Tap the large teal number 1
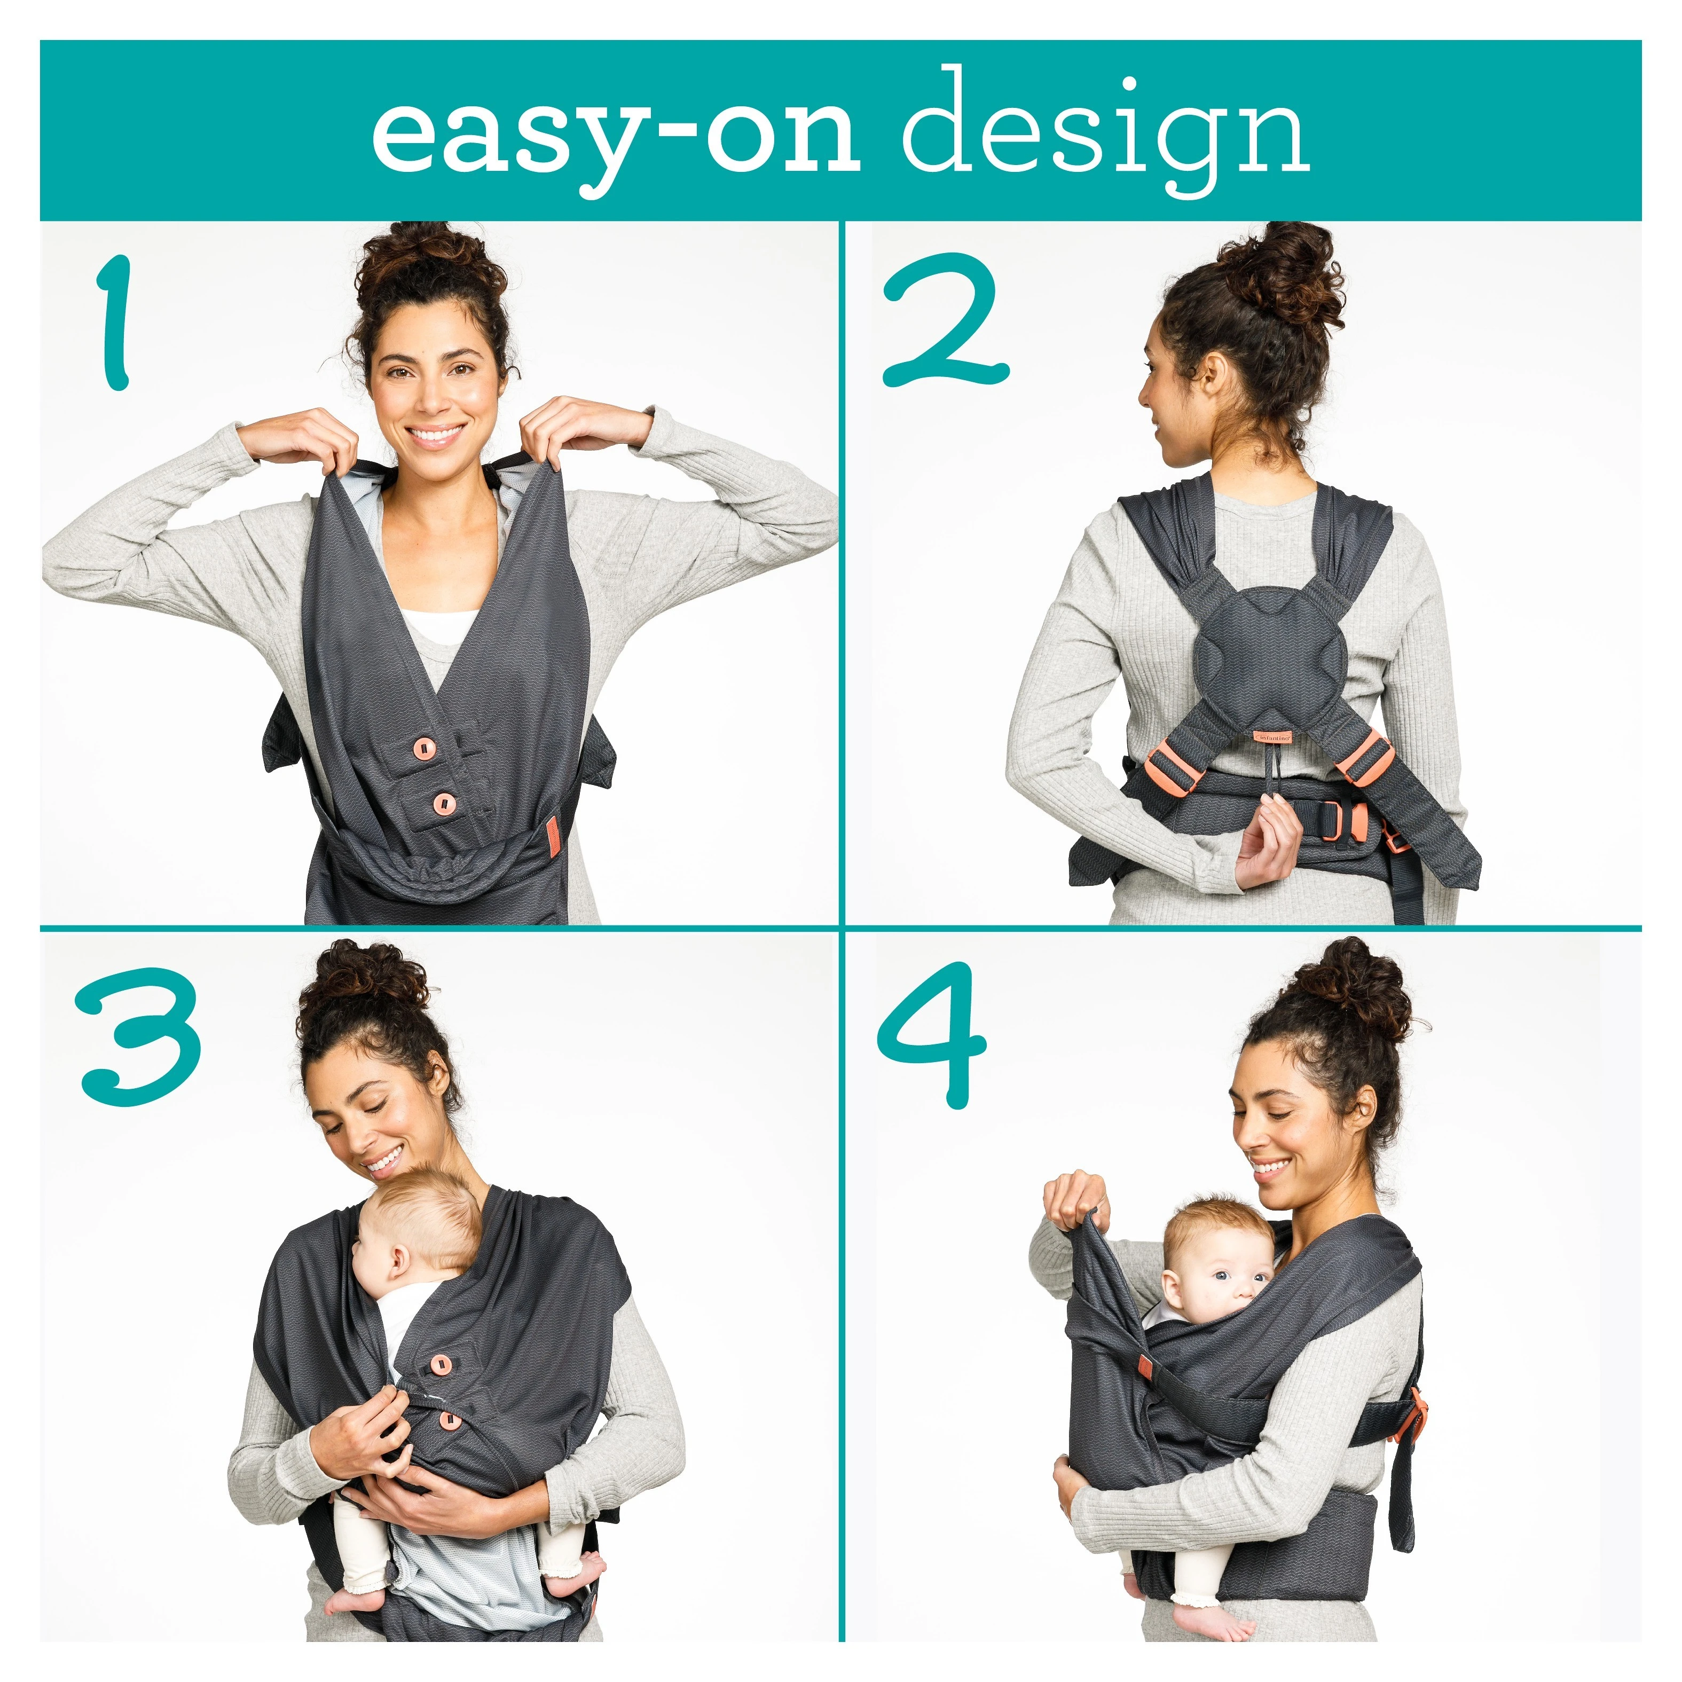click(x=115, y=322)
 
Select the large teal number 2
click(x=946, y=319)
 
